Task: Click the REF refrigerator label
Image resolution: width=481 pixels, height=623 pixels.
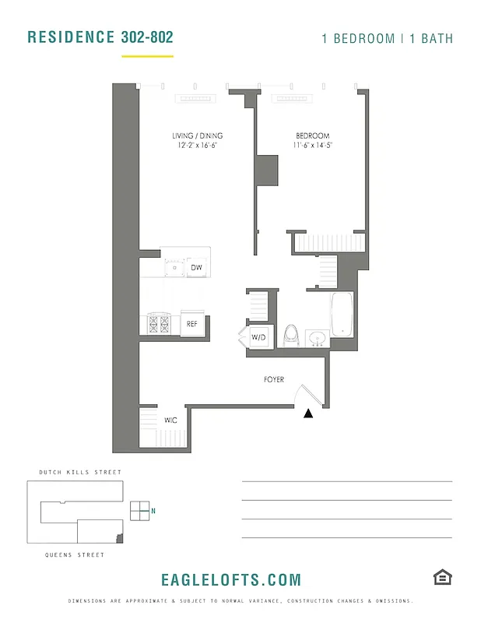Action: pyautogui.click(x=191, y=324)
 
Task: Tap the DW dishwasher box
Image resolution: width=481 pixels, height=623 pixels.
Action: pyautogui.click(x=196, y=268)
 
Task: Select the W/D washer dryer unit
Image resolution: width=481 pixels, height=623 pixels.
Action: pyautogui.click(x=258, y=337)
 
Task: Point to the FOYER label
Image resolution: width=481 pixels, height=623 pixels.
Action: pyautogui.click(x=274, y=380)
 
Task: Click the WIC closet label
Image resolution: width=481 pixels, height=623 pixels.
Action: pyautogui.click(x=170, y=420)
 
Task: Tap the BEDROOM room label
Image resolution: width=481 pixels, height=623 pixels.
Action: pyautogui.click(x=312, y=136)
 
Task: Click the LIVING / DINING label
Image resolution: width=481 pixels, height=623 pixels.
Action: pyautogui.click(x=197, y=136)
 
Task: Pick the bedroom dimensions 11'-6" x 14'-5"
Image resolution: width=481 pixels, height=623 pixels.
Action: pyautogui.click(x=312, y=145)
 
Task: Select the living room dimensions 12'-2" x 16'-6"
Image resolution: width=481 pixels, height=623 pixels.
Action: pyautogui.click(x=197, y=145)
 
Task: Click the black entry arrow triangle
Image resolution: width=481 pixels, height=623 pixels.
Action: pyautogui.click(x=309, y=414)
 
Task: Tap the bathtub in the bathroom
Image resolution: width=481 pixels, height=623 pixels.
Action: pyautogui.click(x=342, y=314)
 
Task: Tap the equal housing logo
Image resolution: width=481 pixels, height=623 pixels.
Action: pyautogui.click(x=443, y=577)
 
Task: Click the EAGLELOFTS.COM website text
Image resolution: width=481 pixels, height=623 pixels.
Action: pyautogui.click(x=230, y=580)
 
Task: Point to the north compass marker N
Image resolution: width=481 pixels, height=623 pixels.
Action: pyautogui.click(x=153, y=511)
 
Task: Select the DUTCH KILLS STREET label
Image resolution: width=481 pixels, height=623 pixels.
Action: pyautogui.click(x=80, y=473)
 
